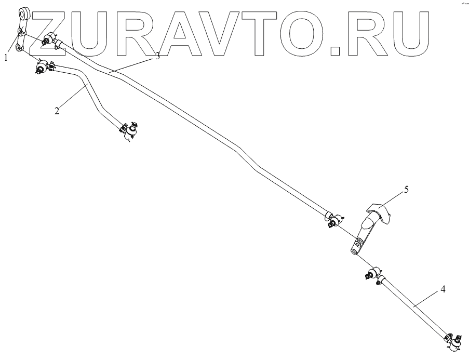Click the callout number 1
(7, 58)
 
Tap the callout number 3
(157, 57)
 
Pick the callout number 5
(406, 189)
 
